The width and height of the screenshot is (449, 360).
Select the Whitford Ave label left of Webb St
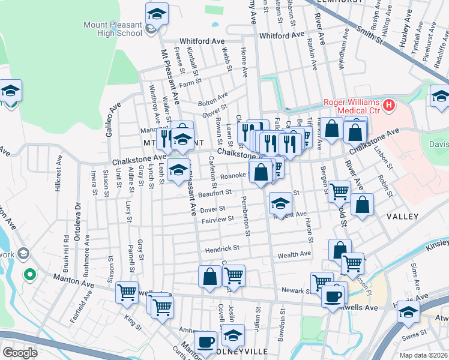[200, 41]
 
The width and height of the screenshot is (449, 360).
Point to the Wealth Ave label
[294, 254]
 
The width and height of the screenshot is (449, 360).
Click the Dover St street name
[212, 209]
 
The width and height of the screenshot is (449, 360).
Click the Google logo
[20, 353]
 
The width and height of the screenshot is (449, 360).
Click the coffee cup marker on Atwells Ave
[333, 295]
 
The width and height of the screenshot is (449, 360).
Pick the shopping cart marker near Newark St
[322, 281]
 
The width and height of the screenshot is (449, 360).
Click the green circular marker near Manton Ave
[29, 275]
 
